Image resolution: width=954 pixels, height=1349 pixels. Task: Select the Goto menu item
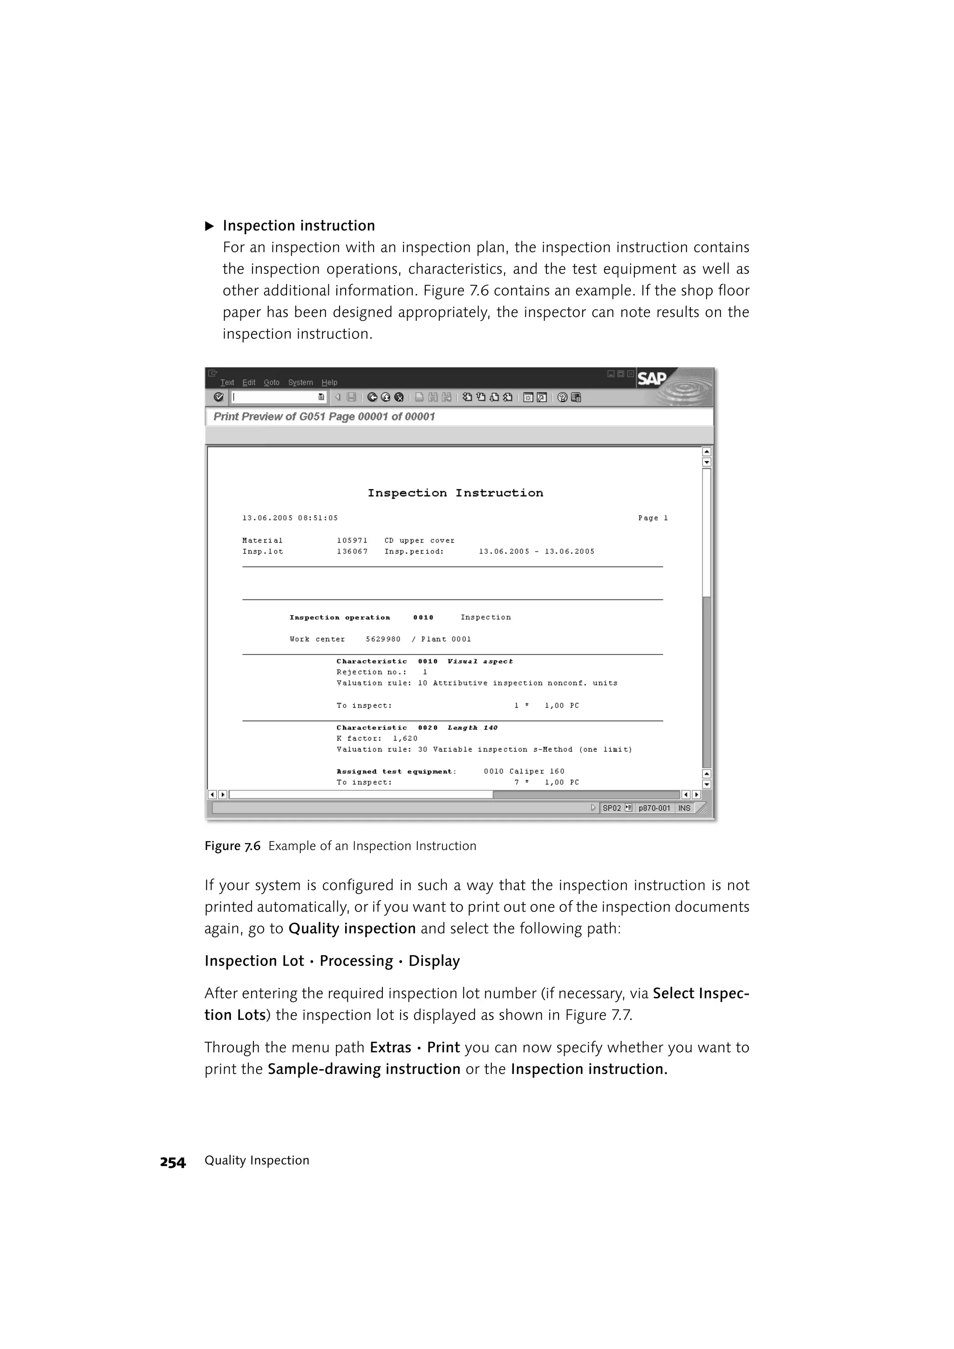(x=271, y=383)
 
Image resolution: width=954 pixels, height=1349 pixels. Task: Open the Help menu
(x=329, y=383)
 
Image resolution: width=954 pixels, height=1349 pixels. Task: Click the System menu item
(x=300, y=383)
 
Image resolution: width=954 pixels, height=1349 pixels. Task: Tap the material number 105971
(x=352, y=540)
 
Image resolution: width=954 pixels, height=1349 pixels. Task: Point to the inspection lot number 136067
(x=352, y=552)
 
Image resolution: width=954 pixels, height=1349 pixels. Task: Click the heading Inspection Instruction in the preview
(x=455, y=493)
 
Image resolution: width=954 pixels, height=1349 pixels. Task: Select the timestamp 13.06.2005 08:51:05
(x=290, y=518)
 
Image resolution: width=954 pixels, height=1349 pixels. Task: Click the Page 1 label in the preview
(x=653, y=518)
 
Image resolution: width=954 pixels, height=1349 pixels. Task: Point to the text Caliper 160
(x=537, y=771)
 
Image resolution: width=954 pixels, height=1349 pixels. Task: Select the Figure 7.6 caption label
(x=232, y=846)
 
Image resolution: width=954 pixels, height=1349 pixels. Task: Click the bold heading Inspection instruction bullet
(x=299, y=226)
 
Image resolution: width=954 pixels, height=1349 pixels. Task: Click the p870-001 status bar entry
(x=654, y=808)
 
